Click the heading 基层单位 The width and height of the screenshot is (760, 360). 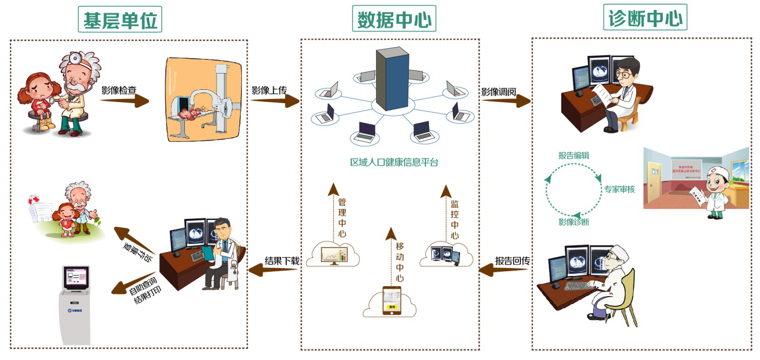(x=119, y=21)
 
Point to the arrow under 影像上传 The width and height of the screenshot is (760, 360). (x=275, y=102)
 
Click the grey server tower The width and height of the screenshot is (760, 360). (x=392, y=79)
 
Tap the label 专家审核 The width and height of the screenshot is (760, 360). (x=620, y=188)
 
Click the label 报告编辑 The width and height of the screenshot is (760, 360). (x=573, y=156)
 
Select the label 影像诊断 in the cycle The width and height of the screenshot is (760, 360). (x=573, y=222)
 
